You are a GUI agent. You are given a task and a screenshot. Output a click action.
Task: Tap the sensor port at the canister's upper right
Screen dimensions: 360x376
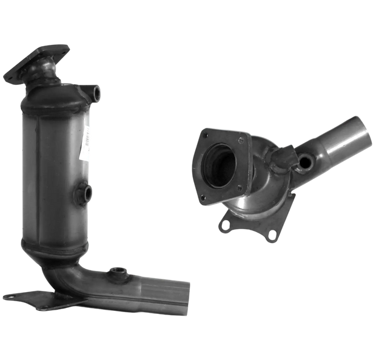point(95,93)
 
